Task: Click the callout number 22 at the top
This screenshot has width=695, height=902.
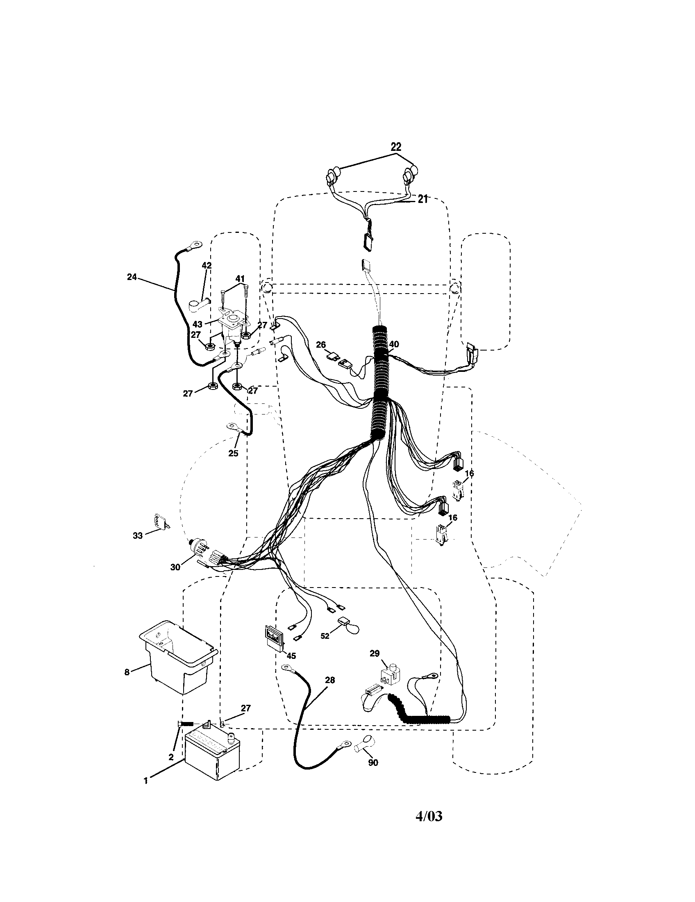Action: tap(395, 147)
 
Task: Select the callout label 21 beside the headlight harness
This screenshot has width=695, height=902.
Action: tap(422, 200)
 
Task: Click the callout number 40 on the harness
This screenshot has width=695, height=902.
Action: tap(394, 344)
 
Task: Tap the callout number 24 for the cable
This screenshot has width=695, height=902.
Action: tap(132, 277)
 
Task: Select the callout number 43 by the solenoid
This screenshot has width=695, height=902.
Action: tap(198, 324)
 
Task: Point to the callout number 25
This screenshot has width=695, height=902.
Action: tap(233, 453)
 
